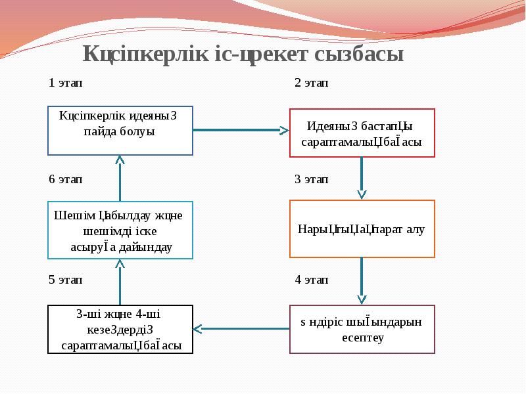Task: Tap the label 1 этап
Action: (66, 83)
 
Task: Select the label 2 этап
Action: (312, 83)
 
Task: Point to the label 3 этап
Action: (312, 179)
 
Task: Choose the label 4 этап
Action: (312, 280)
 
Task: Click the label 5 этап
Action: (66, 280)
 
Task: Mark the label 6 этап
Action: (66, 179)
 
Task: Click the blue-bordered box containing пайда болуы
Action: (120, 131)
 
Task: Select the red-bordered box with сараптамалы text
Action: (362, 133)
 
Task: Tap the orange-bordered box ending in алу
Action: (362, 229)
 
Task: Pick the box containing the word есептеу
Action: (362, 330)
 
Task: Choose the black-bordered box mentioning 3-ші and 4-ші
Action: (120, 330)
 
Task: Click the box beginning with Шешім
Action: (120, 230)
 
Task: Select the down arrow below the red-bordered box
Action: (362, 178)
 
